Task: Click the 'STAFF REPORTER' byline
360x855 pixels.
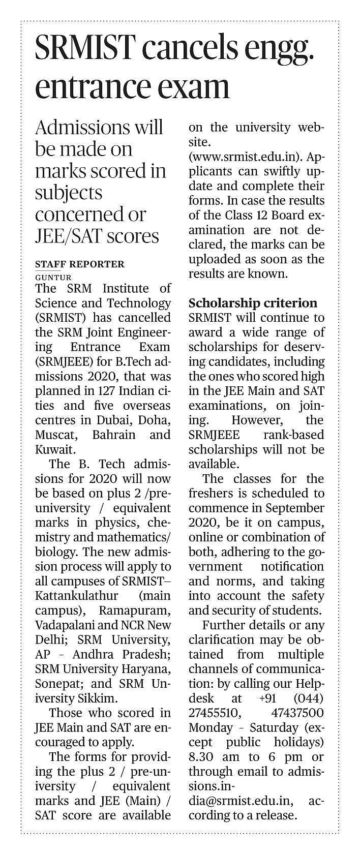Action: (x=79, y=264)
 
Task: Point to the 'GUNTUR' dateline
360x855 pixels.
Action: (x=53, y=278)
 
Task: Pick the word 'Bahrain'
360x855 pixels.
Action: (x=114, y=435)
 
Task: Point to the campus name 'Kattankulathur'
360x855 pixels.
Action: (x=76, y=596)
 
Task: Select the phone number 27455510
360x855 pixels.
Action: (x=215, y=713)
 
